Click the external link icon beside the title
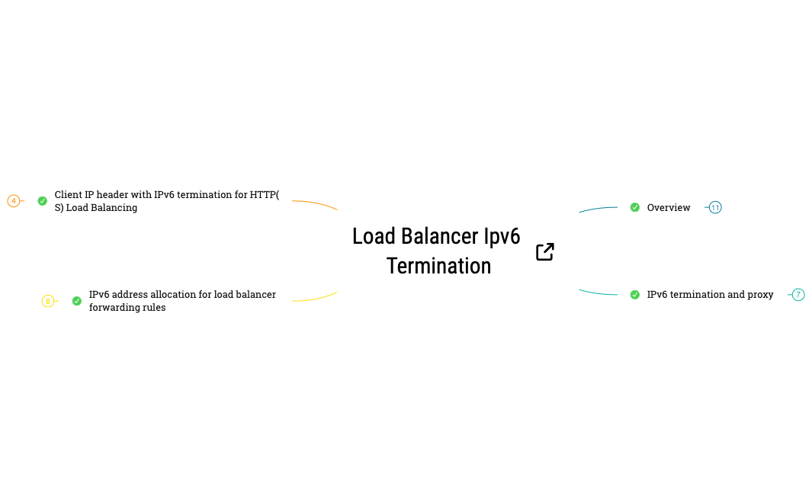pyautogui.click(x=544, y=252)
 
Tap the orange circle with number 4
pyautogui.click(x=14, y=201)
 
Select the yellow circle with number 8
pyautogui.click(x=48, y=301)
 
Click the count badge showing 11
pyautogui.click(x=715, y=207)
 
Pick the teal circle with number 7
pyautogui.click(x=798, y=295)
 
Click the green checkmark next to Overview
pyautogui.click(x=635, y=207)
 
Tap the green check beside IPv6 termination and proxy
pyautogui.click(x=635, y=295)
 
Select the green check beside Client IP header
pyautogui.click(x=43, y=201)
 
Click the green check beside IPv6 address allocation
pyautogui.click(x=77, y=301)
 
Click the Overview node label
pyautogui.click(x=669, y=207)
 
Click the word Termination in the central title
pyautogui.click(x=438, y=266)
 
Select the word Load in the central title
pyautogui.click(x=374, y=236)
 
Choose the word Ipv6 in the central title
pyautogui.click(x=502, y=236)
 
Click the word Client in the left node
pyautogui.click(x=69, y=195)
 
